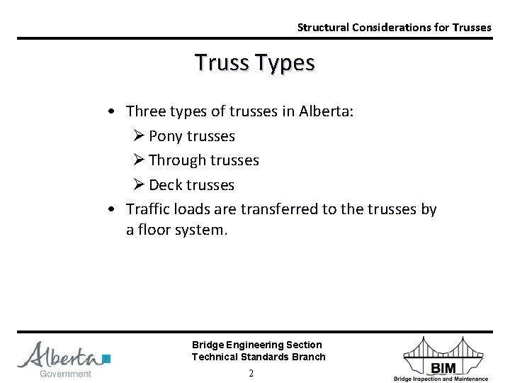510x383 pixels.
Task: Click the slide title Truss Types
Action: pyautogui.click(x=254, y=63)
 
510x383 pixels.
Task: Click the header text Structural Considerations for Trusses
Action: pyautogui.click(x=394, y=28)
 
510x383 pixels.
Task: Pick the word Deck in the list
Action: pyautogui.click(x=166, y=185)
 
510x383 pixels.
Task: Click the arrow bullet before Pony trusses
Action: pyautogui.click(x=139, y=135)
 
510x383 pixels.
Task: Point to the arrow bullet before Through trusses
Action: pyautogui.click(x=139, y=160)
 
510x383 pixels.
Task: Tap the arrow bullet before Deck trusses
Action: pyautogui.click(x=139, y=185)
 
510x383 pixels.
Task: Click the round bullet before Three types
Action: pyautogui.click(x=112, y=111)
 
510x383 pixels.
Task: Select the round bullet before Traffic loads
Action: pyautogui.click(x=112, y=210)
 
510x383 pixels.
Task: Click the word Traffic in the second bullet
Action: pyautogui.click(x=148, y=210)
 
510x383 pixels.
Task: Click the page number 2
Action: pyautogui.click(x=251, y=373)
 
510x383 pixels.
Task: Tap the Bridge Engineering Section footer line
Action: pyautogui.click(x=256, y=345)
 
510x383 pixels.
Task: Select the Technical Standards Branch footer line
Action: pyautogui.click(x=259, y=357)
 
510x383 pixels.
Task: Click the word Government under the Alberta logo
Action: pyautogui.click(x=65, y=374)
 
